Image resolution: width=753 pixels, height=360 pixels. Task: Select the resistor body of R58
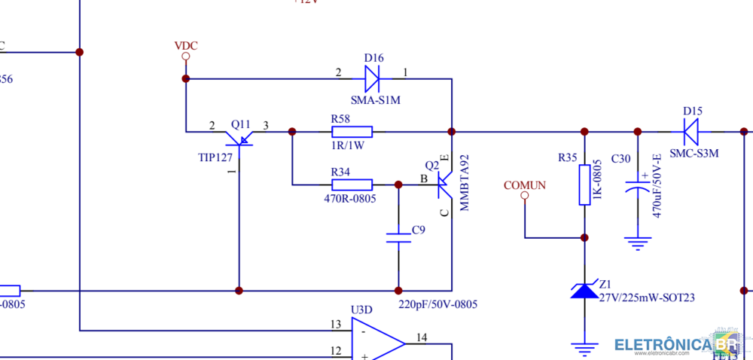point(352,132)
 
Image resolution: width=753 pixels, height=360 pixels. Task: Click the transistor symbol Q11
point(239,136)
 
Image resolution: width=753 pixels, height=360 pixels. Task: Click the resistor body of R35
point(584,185)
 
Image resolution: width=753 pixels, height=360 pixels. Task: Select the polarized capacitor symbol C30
point(638,185)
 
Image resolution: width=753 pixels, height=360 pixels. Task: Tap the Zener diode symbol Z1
point(584,290)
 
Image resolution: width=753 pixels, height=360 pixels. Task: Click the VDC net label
point(185,46)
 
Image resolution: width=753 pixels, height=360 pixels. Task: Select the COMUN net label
point(525,185)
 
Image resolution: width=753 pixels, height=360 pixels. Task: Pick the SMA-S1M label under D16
point(376,99)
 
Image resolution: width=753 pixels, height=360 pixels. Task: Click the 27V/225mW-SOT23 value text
point(647,298)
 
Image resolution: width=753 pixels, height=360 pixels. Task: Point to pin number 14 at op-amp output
point(422,337)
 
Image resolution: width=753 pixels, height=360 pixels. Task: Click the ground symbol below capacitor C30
point(638,243)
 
